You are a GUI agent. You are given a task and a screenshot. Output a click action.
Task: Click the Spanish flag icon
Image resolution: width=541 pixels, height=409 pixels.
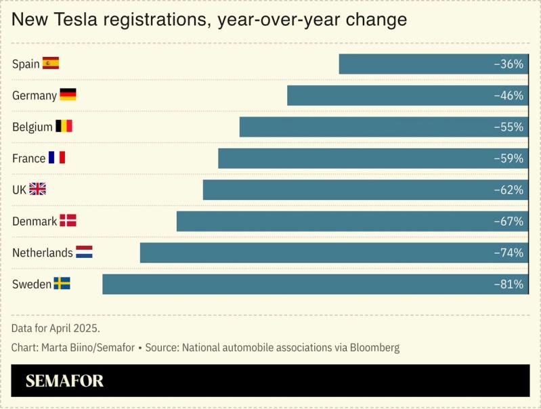pos(51,64)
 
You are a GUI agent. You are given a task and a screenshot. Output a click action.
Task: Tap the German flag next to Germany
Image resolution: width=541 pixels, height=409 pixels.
pos(68,95)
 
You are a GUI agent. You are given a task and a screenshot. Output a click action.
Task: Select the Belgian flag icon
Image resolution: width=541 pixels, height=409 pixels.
pos(64,127)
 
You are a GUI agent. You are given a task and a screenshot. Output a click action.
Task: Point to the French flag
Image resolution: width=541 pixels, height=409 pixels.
pos(57,158)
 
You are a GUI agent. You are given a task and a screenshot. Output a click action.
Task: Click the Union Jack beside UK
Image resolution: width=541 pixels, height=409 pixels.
pos(37,190)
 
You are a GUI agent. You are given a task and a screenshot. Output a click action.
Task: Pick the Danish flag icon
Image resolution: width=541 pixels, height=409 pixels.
pos(68,221)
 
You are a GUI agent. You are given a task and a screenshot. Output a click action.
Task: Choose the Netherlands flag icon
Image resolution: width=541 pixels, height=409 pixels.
pos(84,253)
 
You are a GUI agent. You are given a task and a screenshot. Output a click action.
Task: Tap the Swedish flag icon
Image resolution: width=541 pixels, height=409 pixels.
pos(62,284)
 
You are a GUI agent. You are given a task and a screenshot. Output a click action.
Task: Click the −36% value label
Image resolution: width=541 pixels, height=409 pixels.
pos(508,64)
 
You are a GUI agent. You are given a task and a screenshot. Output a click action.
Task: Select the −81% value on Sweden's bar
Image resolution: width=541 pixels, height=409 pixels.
pos(508,284)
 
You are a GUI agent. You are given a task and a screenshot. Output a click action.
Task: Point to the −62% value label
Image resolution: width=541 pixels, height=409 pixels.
pos(508,190)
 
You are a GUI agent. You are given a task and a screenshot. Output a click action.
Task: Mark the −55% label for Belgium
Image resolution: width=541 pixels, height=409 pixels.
pos(508,127)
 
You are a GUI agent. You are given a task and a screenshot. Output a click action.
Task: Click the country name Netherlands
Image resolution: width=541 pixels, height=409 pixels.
pos(42,253)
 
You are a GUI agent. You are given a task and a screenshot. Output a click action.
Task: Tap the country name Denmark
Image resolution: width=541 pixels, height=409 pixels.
pos(35,221)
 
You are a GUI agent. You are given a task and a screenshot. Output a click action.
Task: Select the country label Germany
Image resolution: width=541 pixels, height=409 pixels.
pos(35,95)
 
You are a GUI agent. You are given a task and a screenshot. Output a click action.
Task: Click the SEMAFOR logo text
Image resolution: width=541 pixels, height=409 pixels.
pos(64,381)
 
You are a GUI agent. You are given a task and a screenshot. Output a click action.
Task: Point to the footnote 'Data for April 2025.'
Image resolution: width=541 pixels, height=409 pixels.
pos(56,328)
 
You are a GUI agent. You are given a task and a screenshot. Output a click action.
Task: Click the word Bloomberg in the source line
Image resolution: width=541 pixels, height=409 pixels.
pos(375,348)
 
